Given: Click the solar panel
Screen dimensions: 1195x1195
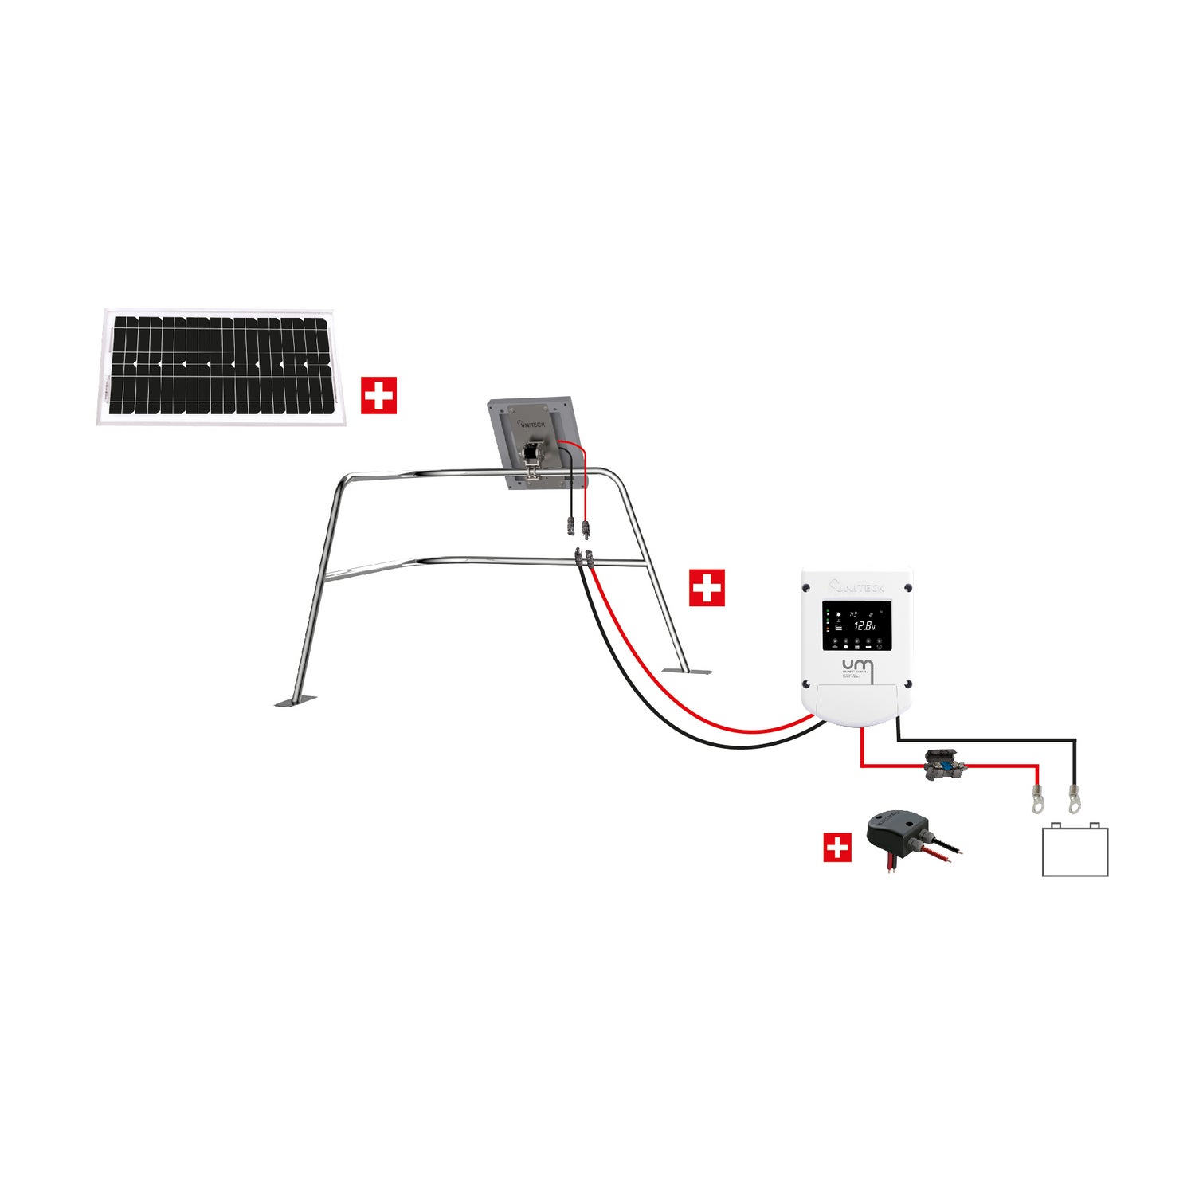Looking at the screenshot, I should pyautogui.click(x=221, y=366).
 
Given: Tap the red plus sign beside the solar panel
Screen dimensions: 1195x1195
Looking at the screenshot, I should pyautogui.click(x=378, y=395).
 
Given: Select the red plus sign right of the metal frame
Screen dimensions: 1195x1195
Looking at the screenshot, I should pyautogui.click(x=707, y=588).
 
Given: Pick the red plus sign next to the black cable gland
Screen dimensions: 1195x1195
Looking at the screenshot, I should pyautogui.click(x=836, y=848).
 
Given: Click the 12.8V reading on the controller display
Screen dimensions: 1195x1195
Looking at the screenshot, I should pyautogui.click(x=864, y=626).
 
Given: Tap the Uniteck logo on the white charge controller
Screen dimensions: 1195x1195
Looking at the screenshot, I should pyautogui.click(x=857, y=587).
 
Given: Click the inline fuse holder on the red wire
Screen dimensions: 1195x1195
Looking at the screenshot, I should pyautogui.click(x=945, y=765).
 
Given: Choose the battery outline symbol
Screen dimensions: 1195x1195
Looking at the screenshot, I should pyautogui.click(x=1075, y=850).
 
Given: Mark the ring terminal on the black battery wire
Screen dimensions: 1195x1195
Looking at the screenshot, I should pyautogui.click(x=1075, y=799).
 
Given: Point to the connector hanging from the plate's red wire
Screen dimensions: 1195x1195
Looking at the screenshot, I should pyautogui.click(x=586, y=527).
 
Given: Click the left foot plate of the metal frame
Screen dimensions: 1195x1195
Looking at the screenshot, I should pyautogui.click(x=295, y=701).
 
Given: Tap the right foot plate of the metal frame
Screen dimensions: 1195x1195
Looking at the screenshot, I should pyautogui.click(x=687, y=671).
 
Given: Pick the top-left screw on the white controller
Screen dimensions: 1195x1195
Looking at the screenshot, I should pyautogui.click(x=806, y=588).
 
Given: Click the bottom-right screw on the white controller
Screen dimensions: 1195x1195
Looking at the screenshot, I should pyautogui.click(x=907, y=684).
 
